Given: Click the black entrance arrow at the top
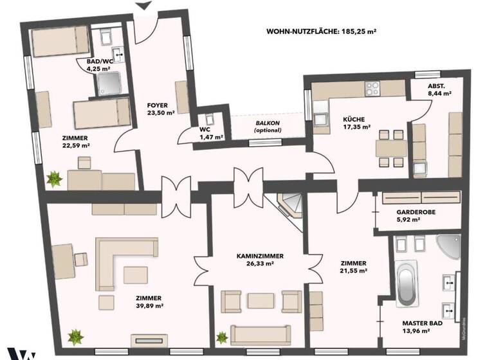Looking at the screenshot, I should click(x=144, y=6).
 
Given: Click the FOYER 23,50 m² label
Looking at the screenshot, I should click(x=158, y=109).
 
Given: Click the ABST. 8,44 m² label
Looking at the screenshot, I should click(x=439, y=89).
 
